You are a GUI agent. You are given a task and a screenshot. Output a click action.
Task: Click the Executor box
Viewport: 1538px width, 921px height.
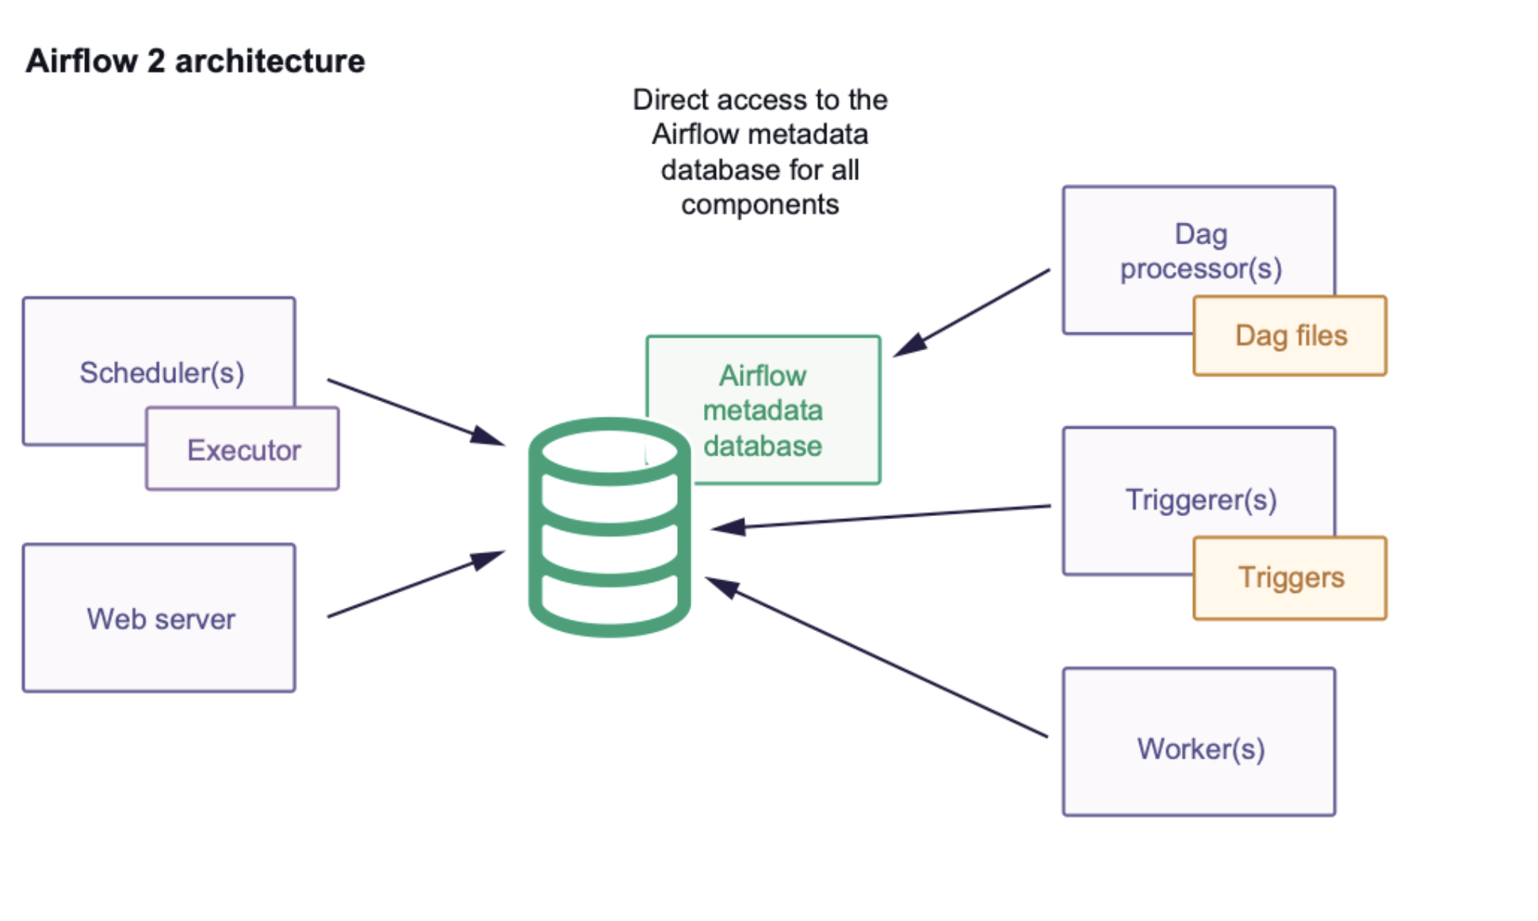[x=243, y=449]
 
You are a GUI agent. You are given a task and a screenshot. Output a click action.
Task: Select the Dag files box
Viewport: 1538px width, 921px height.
[x=1290, y=336]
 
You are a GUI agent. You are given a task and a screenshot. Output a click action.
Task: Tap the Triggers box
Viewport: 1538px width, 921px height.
[x=1290, y=578]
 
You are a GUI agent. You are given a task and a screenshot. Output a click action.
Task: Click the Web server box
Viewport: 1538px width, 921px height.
[x=159, y=618]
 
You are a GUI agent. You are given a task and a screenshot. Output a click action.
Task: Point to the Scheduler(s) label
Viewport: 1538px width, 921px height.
[x=162, y=373]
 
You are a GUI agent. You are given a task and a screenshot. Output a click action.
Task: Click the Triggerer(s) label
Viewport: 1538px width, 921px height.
[x=1200, y=500]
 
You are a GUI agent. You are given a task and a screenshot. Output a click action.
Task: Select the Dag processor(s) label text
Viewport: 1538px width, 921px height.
[x=1200, y=252]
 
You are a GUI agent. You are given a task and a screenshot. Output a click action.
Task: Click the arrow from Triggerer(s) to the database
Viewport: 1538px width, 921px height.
[x=880, y=517]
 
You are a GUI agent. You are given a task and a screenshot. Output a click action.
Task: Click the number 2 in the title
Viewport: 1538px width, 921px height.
[x=156, y=61]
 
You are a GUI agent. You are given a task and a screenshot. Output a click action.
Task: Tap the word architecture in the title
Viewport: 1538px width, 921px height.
[x=270, y=61]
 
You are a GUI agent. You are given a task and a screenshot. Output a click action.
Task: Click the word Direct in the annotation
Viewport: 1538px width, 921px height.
[x=670, y=100]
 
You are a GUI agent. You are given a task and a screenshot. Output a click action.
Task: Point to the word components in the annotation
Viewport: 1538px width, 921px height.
[x=759, y=204]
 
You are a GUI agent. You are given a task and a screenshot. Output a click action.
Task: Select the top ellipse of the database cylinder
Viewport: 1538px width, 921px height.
[x=609, y=451]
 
